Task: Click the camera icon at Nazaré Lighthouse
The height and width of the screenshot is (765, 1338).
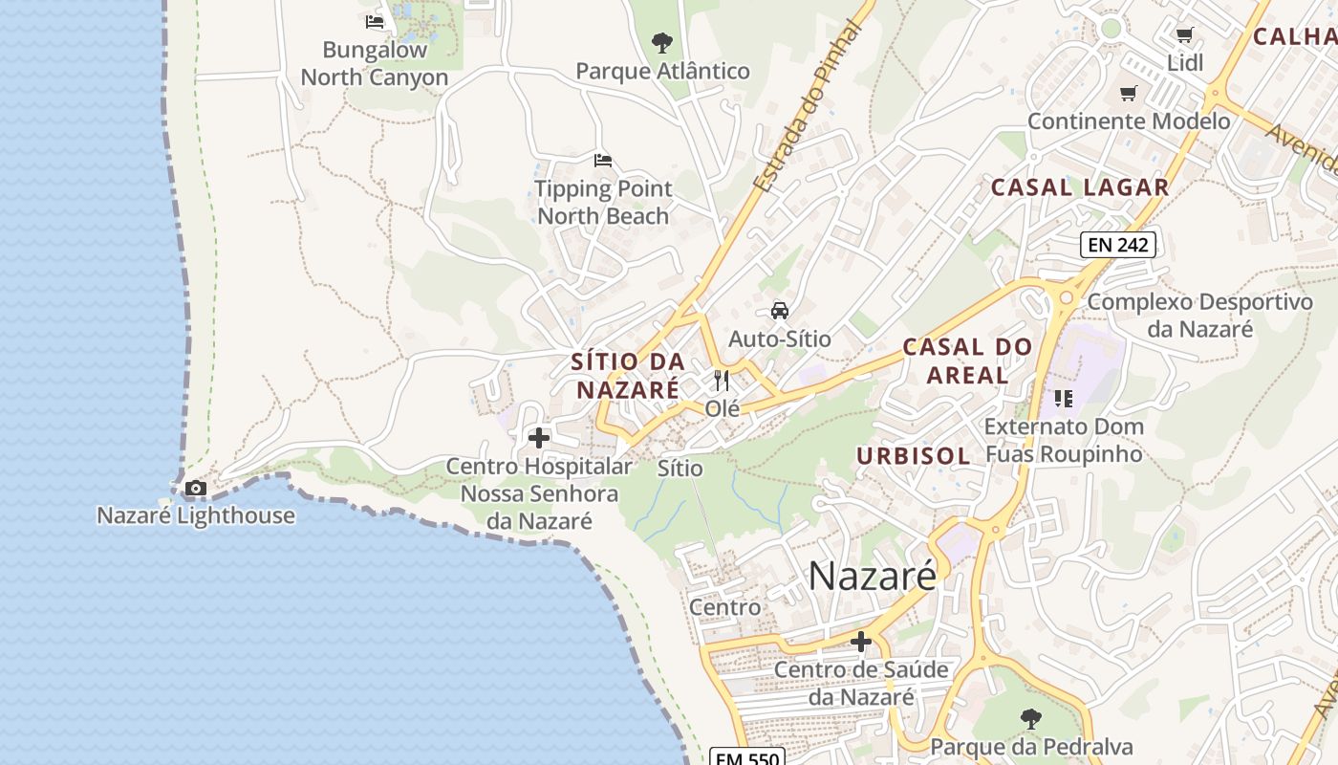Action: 196,489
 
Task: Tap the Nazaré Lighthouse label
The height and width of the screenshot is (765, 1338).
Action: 196,515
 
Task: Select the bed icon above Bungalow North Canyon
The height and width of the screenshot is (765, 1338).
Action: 375,22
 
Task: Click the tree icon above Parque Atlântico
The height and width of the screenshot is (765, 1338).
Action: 661,43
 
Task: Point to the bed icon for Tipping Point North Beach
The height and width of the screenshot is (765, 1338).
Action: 602,161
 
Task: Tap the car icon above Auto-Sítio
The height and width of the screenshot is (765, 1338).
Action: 780,311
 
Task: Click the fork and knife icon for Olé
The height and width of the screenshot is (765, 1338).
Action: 722,381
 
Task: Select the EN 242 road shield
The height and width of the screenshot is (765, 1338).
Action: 1118,245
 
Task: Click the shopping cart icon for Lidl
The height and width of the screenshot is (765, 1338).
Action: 1185,35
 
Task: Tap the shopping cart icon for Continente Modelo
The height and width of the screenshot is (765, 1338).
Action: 1129,94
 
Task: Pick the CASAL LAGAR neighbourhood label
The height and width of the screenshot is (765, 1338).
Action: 1080,187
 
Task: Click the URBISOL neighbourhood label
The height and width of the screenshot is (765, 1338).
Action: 914,456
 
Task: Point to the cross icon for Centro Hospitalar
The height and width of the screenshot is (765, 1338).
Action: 539,438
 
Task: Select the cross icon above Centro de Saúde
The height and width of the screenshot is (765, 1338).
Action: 861,642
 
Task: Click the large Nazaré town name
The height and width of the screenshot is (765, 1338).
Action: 873,577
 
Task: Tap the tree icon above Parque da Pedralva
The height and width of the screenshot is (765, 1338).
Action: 1030,718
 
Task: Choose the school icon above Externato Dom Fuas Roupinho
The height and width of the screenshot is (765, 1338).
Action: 1064,399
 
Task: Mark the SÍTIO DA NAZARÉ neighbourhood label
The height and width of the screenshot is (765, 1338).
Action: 628,376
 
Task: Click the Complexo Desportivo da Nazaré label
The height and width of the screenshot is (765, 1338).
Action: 1200,316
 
